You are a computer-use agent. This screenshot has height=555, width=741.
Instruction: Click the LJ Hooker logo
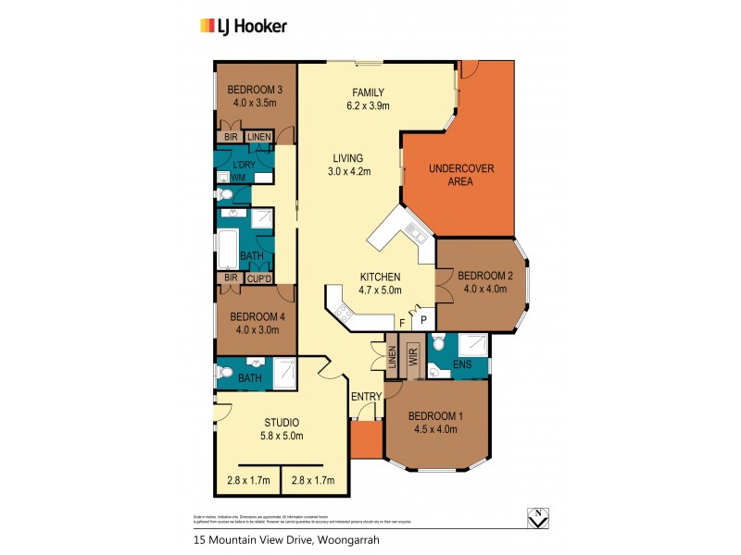pyautogui.click(x=244, y=26)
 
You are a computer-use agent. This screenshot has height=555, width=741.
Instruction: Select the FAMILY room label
pyautogui.click(x=368, y=92)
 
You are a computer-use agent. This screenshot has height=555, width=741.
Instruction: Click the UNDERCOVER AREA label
pyautogui.click(x=460, y=175)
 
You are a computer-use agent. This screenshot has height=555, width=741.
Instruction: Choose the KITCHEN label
pyautogui.click(x=380, y=277)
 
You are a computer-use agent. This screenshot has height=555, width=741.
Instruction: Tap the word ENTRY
pyautogui.click(x=366, y=397)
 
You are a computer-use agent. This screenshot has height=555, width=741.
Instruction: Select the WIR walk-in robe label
pyautogui.click(x=414, y=355)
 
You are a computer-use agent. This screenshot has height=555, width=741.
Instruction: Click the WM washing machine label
pyautogui.click(x=239, y=177)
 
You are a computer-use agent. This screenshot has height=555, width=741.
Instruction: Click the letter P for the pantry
pyautogui.click(x=423, y=319)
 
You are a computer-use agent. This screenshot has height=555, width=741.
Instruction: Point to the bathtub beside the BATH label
pyautogui.click(x=228, y=250)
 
